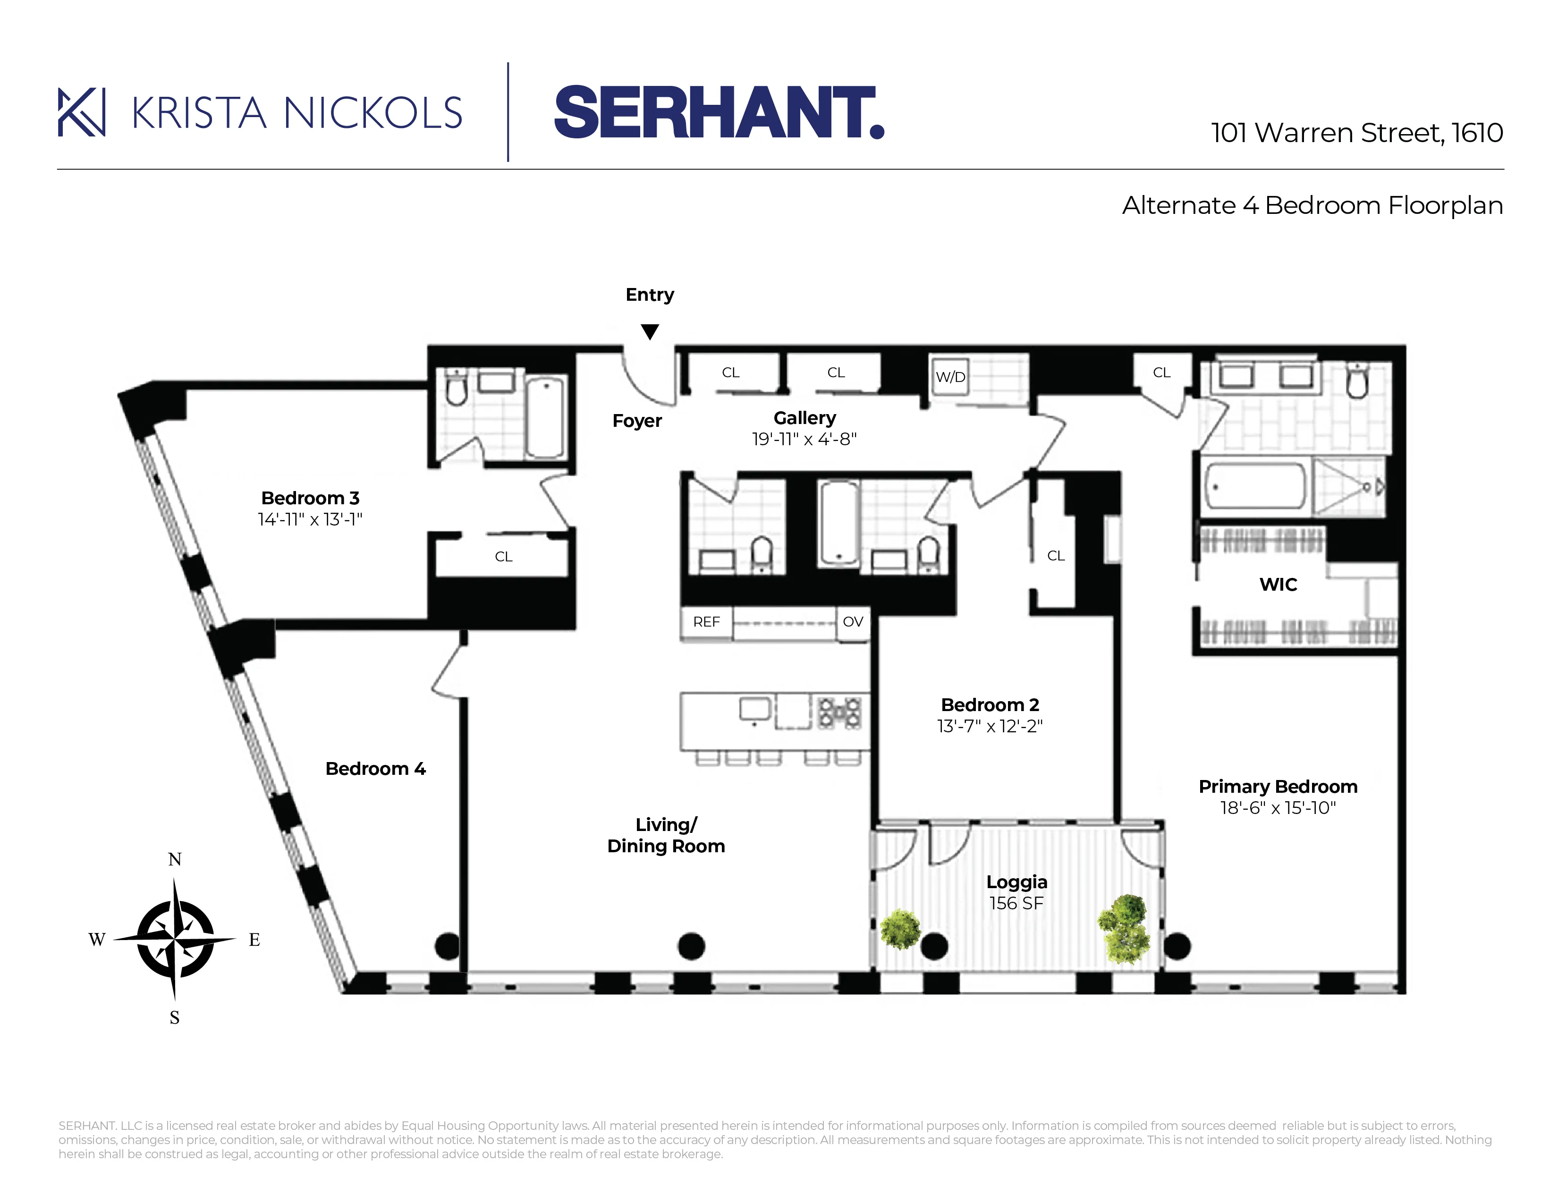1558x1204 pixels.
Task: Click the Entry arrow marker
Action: pyautogui.click(x=649, y=331)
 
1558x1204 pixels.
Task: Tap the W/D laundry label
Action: pyautogui.click(x=950, y=377)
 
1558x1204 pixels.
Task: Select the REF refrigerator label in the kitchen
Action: pyautogui.click(x=706, y=622)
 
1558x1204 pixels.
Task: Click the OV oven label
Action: pyautogui.click(x=853, y=622)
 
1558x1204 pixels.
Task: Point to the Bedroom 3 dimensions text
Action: pyautogui.click(x=310, y=520)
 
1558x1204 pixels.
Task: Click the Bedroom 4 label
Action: pyautogui.click(x=375, y=769)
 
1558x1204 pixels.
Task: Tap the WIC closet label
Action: pyautogui.click(x=1278, y=585)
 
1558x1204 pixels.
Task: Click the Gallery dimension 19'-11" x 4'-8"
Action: pyautogui.click(x=804, y=440)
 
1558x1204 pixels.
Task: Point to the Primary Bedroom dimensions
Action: pyautogui.click(x=1278, y=808)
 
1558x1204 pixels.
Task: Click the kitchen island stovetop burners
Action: pyautogui.click(x=839, y=712)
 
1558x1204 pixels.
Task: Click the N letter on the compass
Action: pyautogui.click(x=175, y=859)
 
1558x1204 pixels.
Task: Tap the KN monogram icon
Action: pyautogui.click(x=81, y=112)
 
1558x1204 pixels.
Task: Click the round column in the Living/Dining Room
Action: pyautogui.click(x=691, y=947)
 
